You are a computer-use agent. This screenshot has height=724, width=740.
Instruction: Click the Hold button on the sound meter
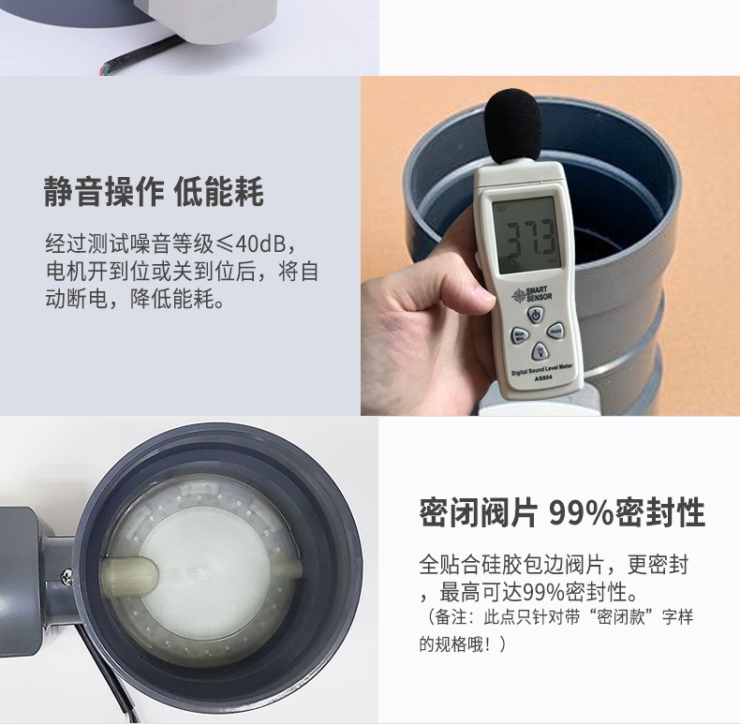coord(555,330)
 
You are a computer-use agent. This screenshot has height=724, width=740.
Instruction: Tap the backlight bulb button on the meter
coord(540,350)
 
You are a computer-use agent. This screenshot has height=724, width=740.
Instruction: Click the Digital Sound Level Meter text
coord(544,370)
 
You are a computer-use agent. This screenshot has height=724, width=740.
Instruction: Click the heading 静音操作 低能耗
coord(155,194)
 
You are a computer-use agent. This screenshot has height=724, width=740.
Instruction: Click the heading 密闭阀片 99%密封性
coord(561,513)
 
